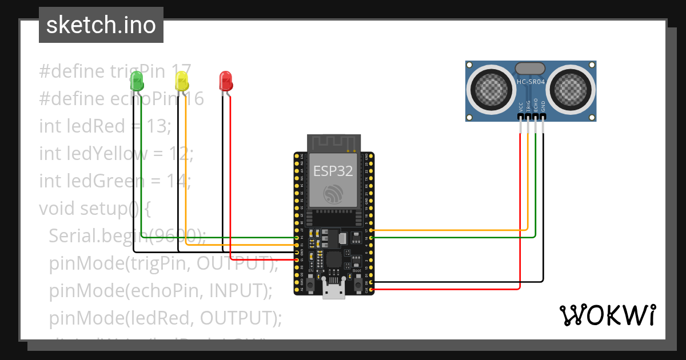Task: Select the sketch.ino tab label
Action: point(101,25)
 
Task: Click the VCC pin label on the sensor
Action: point(521,106)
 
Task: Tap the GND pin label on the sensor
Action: point(543,106)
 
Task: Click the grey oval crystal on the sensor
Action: point(531,69)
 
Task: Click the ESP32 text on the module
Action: point(333,170)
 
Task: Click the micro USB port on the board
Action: point(334,290)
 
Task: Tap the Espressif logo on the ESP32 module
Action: point(334,194)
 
